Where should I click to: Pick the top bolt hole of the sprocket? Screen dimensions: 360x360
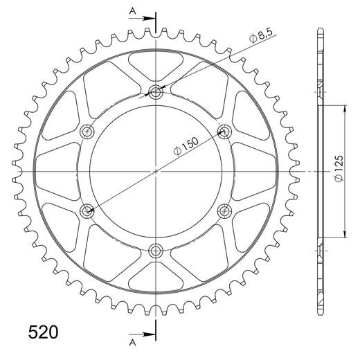[x=156, y=91]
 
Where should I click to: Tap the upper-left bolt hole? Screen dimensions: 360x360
[x=88, y=131]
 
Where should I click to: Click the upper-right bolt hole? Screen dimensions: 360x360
[x=224, y=131]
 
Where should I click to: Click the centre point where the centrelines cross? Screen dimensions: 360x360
[x=156, y=170]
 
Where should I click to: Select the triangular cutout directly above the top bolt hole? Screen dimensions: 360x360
[x=156, y=66]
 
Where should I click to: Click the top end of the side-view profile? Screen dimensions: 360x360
[x=319, y=30]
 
